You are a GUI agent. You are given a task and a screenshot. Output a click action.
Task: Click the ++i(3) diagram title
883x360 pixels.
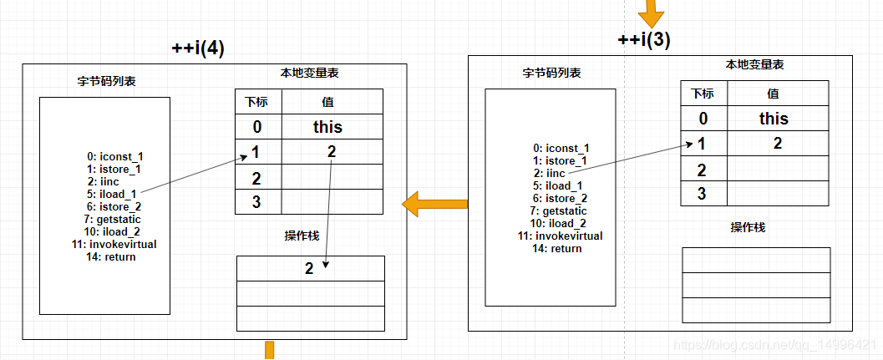(643, 39)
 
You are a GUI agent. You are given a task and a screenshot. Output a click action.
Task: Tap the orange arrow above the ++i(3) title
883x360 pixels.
(649, 13)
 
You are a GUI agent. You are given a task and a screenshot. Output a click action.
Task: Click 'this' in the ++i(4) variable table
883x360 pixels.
(327, 127)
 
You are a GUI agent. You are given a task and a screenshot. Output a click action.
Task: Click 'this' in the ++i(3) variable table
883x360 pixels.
(774, 118)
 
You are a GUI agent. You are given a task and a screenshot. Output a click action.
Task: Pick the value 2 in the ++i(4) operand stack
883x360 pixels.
(308, 268)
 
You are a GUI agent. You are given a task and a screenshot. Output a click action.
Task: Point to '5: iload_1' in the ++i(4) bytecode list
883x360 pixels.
(114, 193)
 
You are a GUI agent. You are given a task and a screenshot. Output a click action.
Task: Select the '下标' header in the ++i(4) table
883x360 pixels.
(257, 102)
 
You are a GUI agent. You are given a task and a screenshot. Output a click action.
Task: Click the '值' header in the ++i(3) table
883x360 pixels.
(773, 94)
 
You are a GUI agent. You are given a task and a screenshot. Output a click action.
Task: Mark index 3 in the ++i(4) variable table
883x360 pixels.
(256, 201)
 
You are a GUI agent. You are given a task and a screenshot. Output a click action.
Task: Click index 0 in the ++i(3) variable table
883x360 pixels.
(703, 118)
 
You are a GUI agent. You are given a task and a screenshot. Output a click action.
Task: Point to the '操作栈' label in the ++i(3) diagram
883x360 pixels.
(748, 227)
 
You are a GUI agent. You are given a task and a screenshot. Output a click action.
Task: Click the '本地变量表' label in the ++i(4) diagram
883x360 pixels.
(310, 74)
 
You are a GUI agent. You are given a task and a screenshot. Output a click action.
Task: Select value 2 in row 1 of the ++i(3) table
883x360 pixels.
(778, 143)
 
